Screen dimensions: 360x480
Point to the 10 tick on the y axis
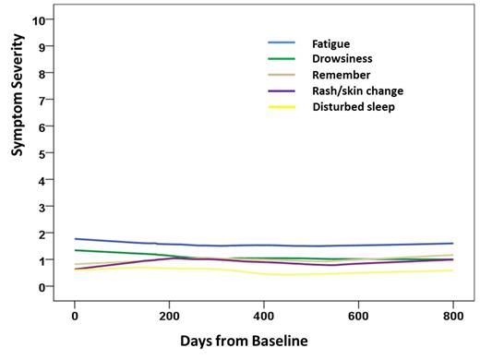(x=38, y=19)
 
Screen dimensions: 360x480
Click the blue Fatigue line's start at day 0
(x=76, y=239)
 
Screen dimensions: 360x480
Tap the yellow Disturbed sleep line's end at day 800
(x=452, y=270)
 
